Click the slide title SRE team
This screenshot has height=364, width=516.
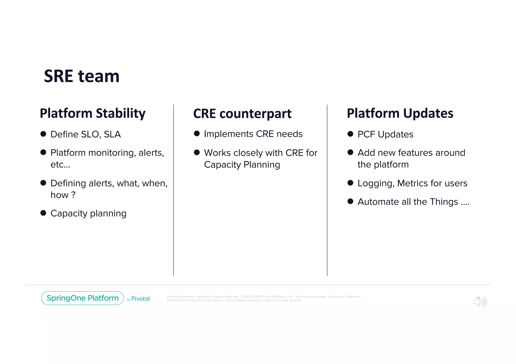(x=82, y=76)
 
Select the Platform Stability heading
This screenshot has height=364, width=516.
(x=92, y=113)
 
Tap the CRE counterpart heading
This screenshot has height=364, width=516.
(x=242, y=113)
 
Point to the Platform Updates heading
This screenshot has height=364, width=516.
(x=400, y=113)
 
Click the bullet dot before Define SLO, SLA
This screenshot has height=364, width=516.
(x=43, y=134)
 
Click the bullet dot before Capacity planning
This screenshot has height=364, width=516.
(x=43, y=213)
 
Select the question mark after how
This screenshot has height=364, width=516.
(x=73, y=195)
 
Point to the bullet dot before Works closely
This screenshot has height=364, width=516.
(x=197, y=152)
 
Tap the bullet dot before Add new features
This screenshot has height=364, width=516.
(x=350, y=152)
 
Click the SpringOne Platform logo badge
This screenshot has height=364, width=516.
(x=82, y=298)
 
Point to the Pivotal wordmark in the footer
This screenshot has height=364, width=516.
(x=140, y=299)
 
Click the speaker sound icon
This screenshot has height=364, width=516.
(x=480, y=302)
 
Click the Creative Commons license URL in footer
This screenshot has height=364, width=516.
(x=263, y=300)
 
